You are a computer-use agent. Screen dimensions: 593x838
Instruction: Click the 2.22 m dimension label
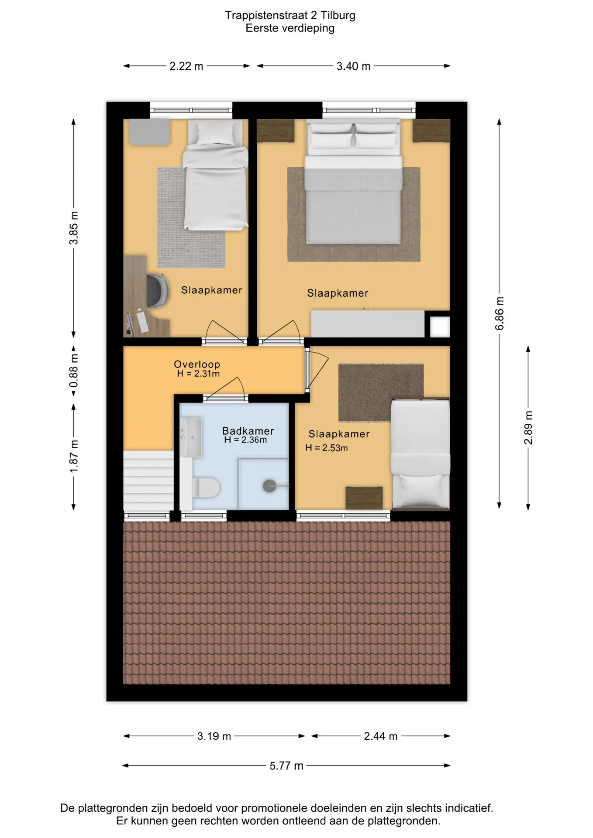click(x=186, y=66)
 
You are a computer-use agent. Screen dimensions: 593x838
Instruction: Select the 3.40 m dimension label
click(x=353, y=66)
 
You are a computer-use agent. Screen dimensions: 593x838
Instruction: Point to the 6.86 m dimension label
click(x=500, y=313)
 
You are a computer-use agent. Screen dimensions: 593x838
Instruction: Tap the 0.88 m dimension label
click(x=74, y=371)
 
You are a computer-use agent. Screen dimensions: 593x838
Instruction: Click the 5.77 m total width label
click(x=286, y=766)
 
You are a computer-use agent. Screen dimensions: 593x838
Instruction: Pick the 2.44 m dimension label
click(x=381, y=736)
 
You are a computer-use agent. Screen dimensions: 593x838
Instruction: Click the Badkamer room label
click(x=248, y=431)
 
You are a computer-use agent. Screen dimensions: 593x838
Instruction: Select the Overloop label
click(x=197, y=364)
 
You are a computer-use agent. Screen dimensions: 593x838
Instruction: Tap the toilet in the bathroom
click(x=206, y=487)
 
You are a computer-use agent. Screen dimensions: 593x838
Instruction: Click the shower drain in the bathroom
click(x=269, y=485)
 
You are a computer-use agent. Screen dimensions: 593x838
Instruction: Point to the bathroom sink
click(x=190, y=437)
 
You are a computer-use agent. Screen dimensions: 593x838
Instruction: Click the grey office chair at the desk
click(x=157, y=290)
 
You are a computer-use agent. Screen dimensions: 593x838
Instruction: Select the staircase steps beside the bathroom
click(x=148, y=481)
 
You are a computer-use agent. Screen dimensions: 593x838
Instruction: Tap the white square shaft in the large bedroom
click(x=440, y=327)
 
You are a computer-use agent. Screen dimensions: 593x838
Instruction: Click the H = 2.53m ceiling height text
click(x=327, y=448)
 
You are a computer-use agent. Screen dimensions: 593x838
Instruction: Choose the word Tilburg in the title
click(x=338, y=15)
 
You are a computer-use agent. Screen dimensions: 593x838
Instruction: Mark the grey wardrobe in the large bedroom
click(x=367, y=323)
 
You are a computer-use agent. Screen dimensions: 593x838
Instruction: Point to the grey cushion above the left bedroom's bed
click(x=149, y=132)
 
